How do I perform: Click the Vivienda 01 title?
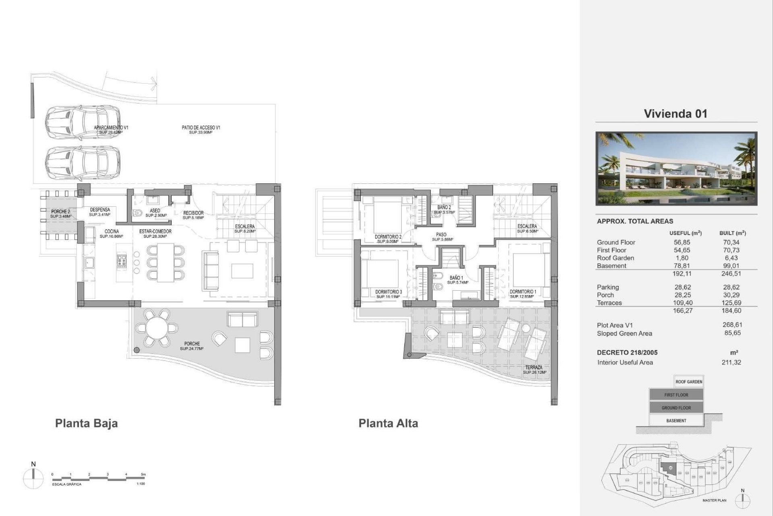pyautogui.click(x=675, y=114)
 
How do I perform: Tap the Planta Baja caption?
pyautogui.click(x=86, y=423)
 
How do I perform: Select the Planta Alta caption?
pyautogui.click(x=388, y=423)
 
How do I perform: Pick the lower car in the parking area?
pyautogui.click(x=82, y=163)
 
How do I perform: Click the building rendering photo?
pyautogui.click(x=676, y=169)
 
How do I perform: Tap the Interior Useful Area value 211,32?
pyautogui.click(x=732, y=362)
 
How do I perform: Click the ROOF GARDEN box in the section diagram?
pyautogui.click(x=688, y=382)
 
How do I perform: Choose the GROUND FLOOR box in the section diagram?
pyautogui.click(x=676, y=408)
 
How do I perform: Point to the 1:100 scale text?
pyautogui.click(x=141, y=484)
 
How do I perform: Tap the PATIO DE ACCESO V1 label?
pyautogui.click(x=200, y=129)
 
